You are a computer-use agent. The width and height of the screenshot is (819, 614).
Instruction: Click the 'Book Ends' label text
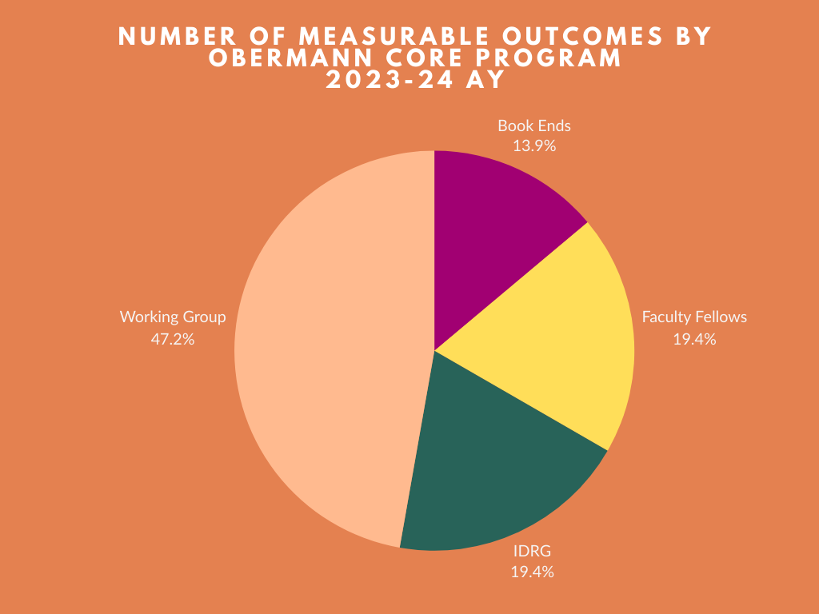pyautogui.click(x=533, y=126)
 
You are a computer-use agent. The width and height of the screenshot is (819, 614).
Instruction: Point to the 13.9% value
pyautogui.click(x=533, y=146)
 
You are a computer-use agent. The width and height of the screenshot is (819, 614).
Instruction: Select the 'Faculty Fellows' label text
pyautogui.click(x=694, y=317)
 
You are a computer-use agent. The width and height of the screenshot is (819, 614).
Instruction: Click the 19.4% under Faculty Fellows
pyautogui.click(x=694, y=339)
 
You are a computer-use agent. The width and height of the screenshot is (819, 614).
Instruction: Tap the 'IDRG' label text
pyautogui.click(x=532, y=551)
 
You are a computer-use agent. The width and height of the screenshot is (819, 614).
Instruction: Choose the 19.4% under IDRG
pyautogui.click(x=532, y=572)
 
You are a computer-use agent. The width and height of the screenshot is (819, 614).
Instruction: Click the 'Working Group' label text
pyautogui.click(x=173, y=317)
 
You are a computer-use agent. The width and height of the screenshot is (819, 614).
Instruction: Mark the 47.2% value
pyautogui.click(x=173, y=339)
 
